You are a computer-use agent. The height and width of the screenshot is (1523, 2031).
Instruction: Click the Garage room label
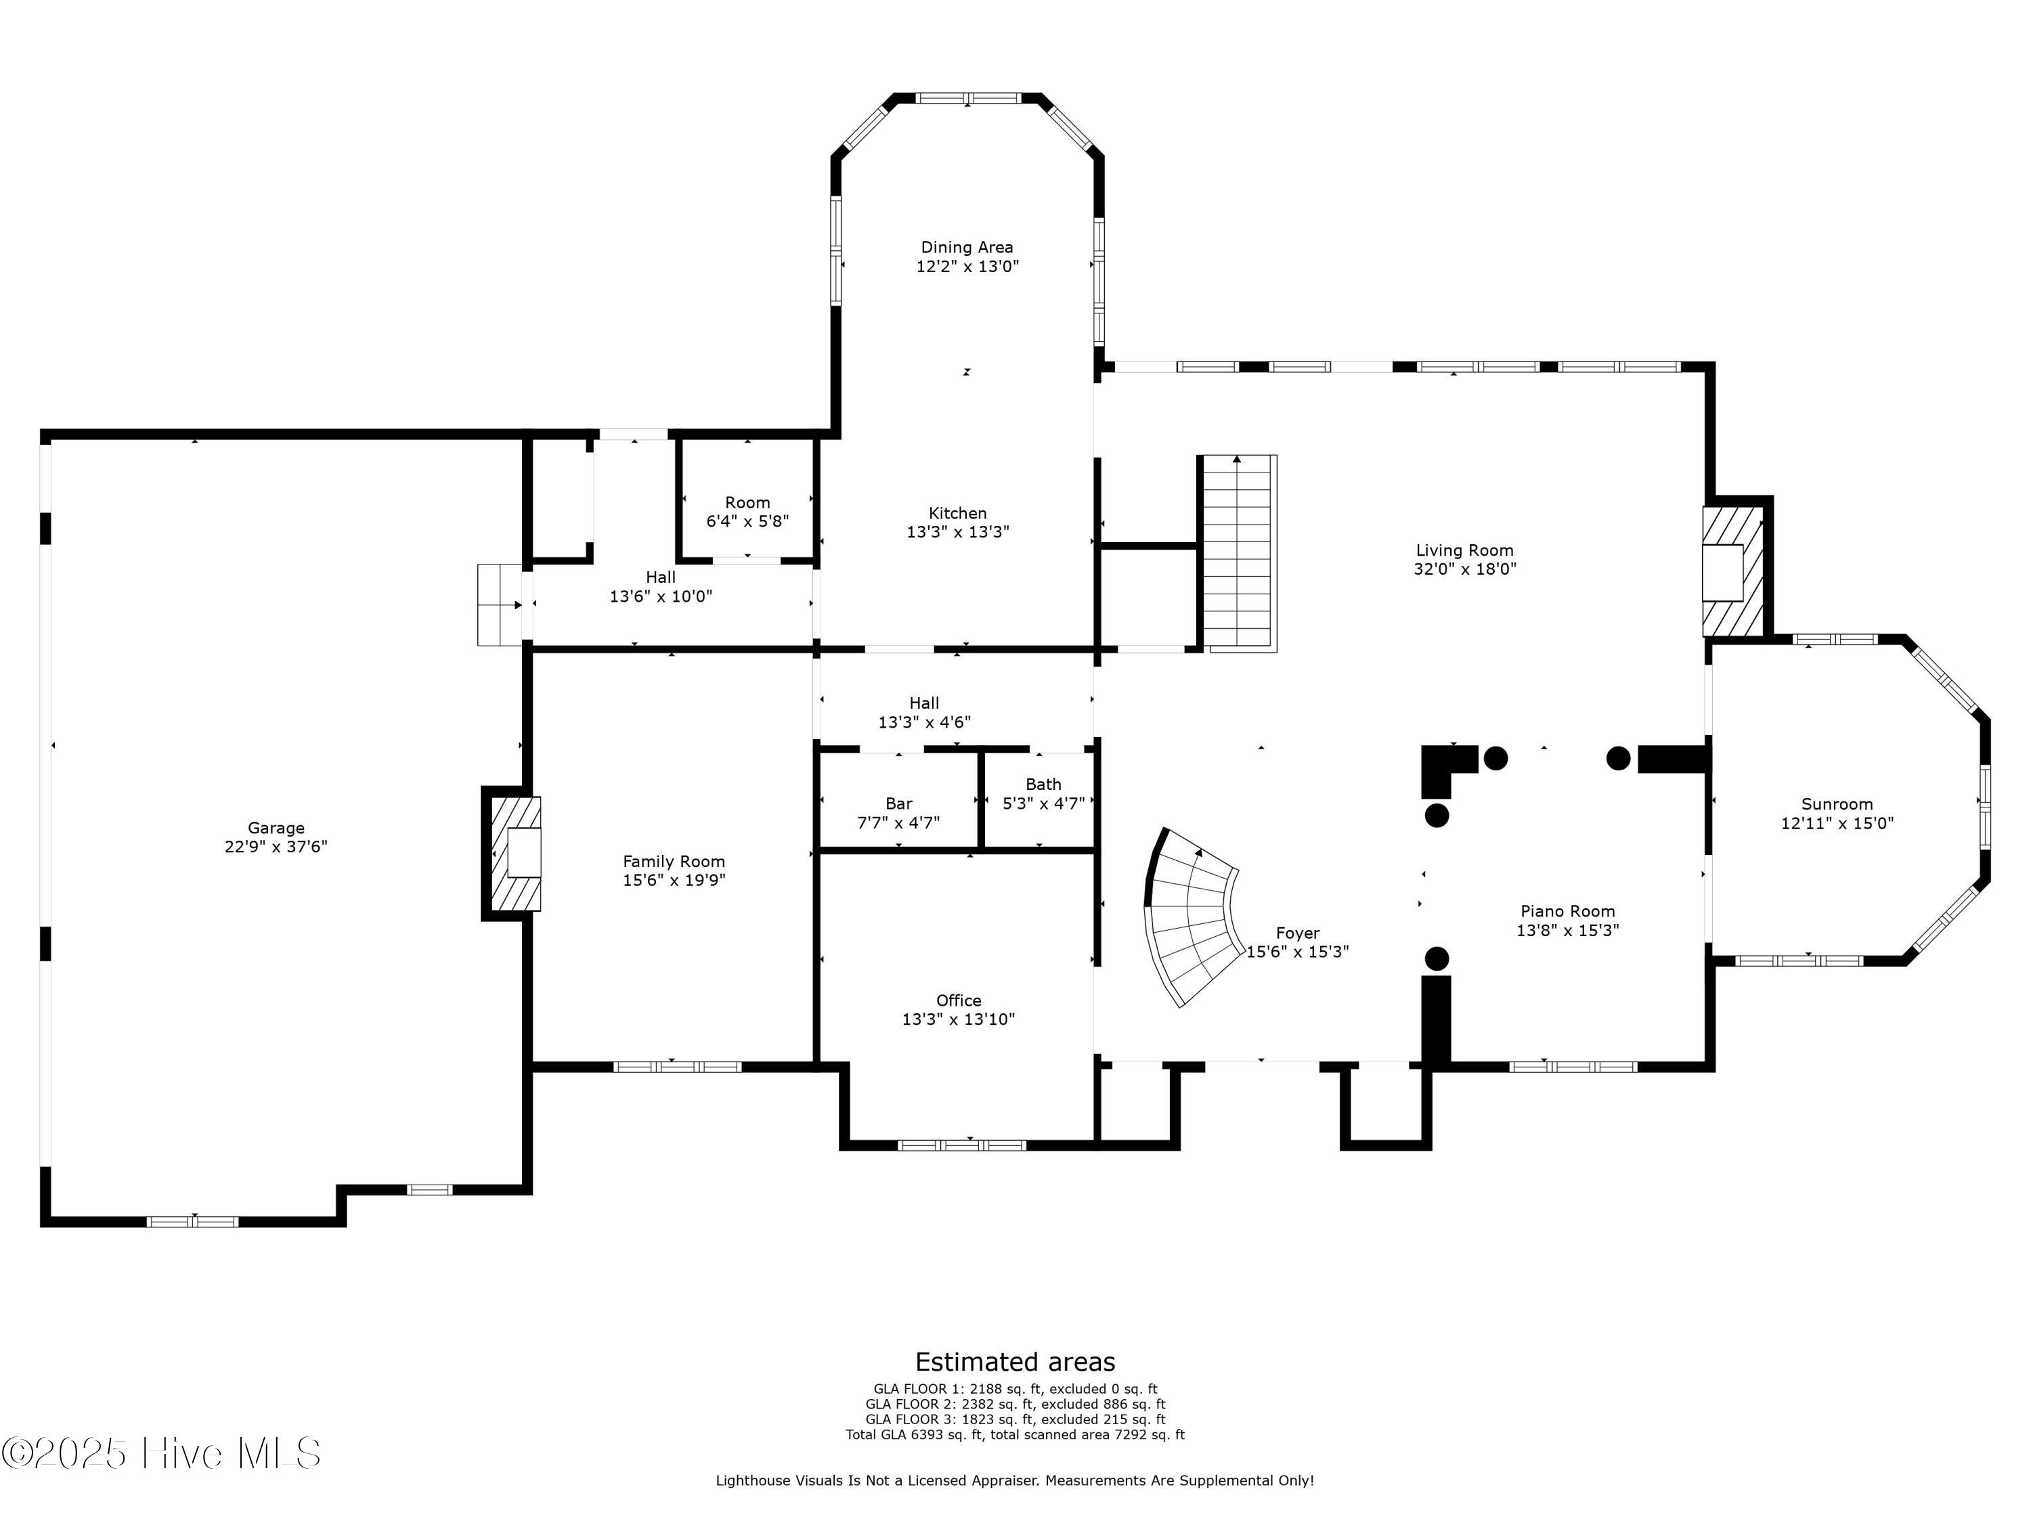pos(276,828)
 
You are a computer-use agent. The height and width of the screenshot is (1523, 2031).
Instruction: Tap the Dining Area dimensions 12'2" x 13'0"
pos(967,266)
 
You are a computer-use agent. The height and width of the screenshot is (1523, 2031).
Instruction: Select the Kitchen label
pos(958,513)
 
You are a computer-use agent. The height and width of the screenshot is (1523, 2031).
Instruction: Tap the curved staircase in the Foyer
pos(1192,917)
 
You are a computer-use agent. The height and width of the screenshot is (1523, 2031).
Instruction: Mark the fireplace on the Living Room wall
pos(1732,572)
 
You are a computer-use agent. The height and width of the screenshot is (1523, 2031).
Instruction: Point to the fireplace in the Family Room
pos(514,853)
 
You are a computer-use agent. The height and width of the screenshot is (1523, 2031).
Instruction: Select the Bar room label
pos(899,804)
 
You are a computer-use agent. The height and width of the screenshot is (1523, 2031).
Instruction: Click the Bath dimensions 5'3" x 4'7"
pos(1043,803)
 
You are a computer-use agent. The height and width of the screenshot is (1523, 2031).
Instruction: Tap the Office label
pos(959,1000)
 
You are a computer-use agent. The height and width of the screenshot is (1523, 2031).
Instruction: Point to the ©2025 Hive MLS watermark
pos(162,1453)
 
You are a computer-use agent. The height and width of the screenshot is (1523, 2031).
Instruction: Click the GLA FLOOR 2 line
pos(1016,1405)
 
